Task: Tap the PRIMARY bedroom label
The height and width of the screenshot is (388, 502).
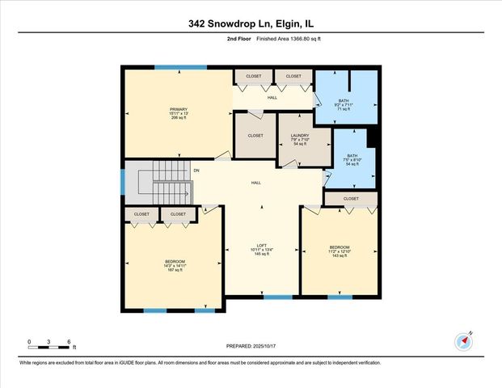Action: [x=178, y=112]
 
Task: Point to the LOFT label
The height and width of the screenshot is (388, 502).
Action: [x=262, y=249]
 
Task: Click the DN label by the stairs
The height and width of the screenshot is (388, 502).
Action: [x=196, y=171]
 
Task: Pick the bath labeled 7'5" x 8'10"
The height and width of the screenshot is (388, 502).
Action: [x=352, y=159]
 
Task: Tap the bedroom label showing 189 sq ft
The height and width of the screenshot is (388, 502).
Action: [x=175, y=265]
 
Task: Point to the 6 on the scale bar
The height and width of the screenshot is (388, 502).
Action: [x=70, y=342]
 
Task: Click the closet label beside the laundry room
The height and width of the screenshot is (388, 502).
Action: [x=255, y=136]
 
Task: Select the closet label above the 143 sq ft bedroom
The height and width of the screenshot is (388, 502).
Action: [x=351, y=198]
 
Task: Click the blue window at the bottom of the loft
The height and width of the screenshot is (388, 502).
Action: [x=277, y=297]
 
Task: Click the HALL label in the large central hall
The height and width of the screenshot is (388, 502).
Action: [x=255, y=183]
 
